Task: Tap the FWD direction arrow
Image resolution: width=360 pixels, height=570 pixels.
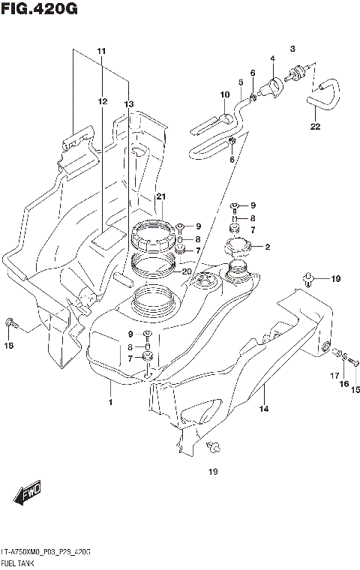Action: point(28,494)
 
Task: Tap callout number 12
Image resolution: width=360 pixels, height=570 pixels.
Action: point(101,100)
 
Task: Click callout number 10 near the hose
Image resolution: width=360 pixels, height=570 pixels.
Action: point(223,94)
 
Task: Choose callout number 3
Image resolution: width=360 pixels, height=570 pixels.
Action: point(293,48)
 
